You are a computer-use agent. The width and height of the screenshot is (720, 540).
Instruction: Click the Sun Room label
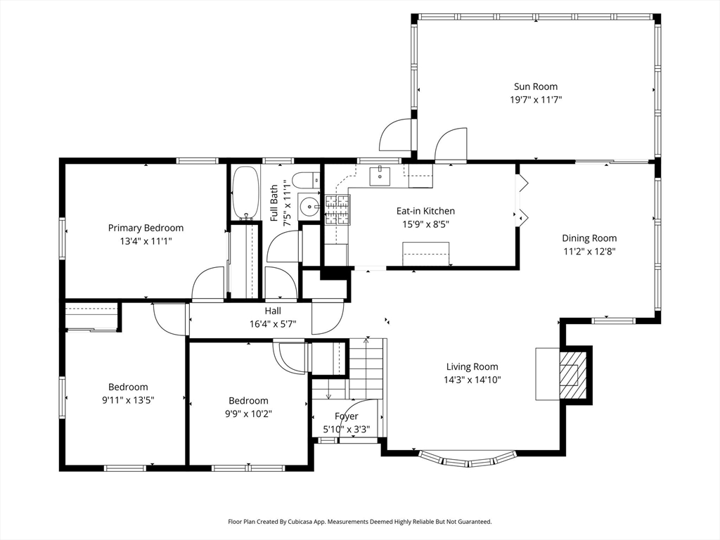pyautogui.click(x=535, y=86)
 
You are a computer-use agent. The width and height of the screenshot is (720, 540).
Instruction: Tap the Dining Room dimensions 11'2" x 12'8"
pyautogui.click(x=589, y=251)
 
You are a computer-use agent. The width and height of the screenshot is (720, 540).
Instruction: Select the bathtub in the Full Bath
pyautogui.click(x=246, y=193)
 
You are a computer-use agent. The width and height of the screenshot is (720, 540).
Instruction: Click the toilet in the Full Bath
pyautogui.click(x=306, y=179)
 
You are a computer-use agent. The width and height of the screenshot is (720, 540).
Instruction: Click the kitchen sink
pyautogui.click(x=380, y=176)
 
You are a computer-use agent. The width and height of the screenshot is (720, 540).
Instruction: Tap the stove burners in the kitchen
pyautogui.click(x=337, y=210)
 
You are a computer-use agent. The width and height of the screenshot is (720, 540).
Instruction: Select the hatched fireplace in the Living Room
pyautogui.click(x=572, y=375)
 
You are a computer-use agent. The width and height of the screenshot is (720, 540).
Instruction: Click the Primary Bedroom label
pyautogui.click(x=146, y=228)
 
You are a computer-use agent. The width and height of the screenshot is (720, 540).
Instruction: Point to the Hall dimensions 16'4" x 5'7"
pyautogui.click(x=273, y=323)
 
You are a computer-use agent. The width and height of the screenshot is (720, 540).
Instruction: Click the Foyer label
pyautogui.click(x=346, y=416)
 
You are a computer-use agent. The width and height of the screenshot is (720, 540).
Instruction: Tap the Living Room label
pyautogui.click(x=472, y=366)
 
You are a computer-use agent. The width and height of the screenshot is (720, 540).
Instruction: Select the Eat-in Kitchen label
pyautogui.click(x=425, y=211)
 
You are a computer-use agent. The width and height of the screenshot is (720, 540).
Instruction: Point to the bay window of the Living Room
pyautogui.click(x=468, y=460)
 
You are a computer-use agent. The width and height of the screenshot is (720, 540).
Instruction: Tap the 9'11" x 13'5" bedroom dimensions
pyautogui.click(x=128, y=400)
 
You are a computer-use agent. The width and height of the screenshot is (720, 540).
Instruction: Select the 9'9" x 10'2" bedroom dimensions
pyautogui.click(x=248, y=413)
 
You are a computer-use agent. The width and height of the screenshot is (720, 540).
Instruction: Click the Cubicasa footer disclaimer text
pyautogui.click(x=360, y=522)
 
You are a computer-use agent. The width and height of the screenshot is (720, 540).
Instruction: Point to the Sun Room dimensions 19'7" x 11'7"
pyautogui.click(x=536, y=100)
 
